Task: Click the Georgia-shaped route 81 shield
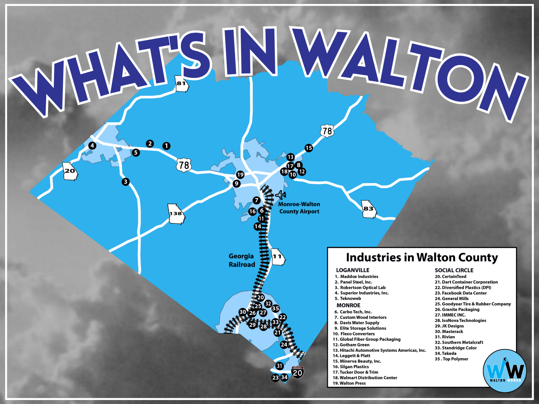coord(182,84)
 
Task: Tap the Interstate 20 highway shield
coord(297,372)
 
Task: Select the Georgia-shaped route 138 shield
coord(176,214)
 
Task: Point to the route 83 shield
coord(369,209)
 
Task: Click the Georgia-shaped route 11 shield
coord(278,257)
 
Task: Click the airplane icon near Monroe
coord(281,195)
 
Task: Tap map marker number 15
coord(309,148)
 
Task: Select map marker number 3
coord(126,181)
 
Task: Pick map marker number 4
coord(92,145)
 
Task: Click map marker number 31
coord(279,366)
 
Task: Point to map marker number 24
coord(284,345)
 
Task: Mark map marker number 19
coord(240,175)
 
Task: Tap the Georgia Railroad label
coord(242,260)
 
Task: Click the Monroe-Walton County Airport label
coord(299,208)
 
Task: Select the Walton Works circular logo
coord(505,371)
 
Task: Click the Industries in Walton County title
coord(422,257)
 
